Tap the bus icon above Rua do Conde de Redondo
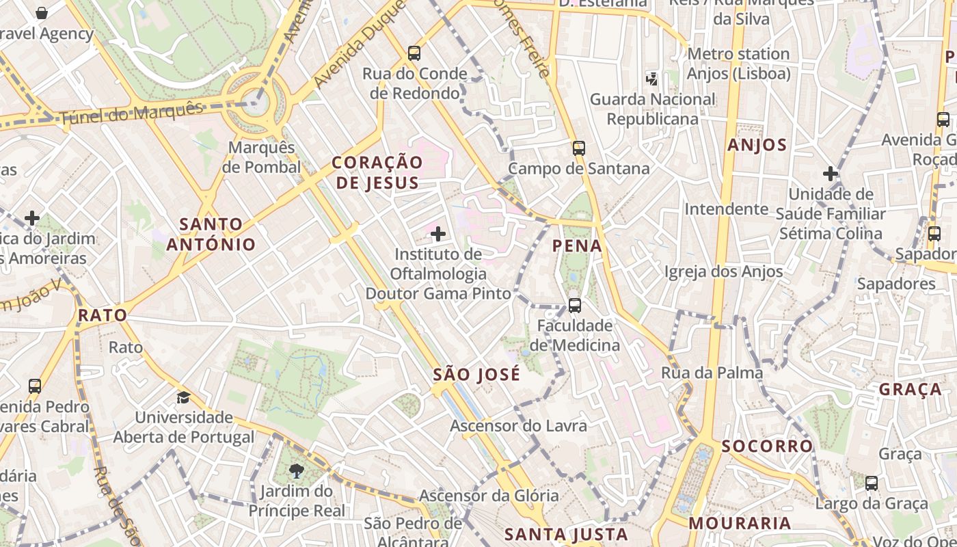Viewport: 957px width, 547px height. [414, 53]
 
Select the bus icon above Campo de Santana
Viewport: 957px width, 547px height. [579, 148]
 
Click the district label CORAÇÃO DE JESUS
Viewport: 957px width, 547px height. [377, 172]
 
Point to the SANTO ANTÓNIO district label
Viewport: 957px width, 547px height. [211, 234]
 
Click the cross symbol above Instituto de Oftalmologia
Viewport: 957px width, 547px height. [438, 235]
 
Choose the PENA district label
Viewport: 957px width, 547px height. [577, 246]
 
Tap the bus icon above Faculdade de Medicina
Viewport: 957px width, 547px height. [575, 306]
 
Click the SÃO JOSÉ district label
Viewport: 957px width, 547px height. [476, 375]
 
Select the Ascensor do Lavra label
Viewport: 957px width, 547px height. [518, 426]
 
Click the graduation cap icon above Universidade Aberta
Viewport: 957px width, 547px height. [183, 397]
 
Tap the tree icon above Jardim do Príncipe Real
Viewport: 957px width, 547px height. [297, 470]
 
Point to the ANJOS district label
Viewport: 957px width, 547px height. [757, 145]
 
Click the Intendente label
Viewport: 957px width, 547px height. [727, 209]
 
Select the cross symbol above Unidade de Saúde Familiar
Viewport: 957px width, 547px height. [831, 174]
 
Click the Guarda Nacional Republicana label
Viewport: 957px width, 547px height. [653, 109]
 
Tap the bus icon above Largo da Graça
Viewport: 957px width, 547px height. [872, 483]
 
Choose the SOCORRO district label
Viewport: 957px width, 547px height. [768, 446]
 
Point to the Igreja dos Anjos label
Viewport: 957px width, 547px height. [724, 271]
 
